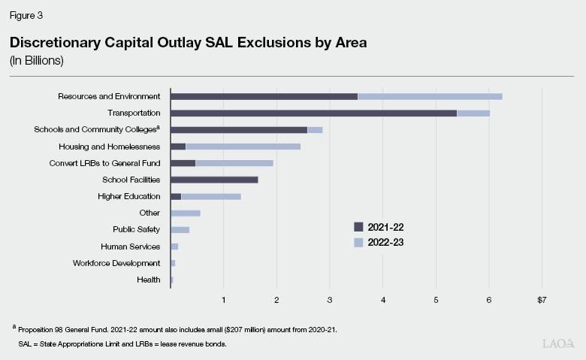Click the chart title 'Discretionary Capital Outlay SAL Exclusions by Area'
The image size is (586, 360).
pyautogui.click(x=189, y=43)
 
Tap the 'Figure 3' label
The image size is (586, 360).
pyautogui.click(x=25, y=14)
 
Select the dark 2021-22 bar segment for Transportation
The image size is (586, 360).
pyautogui.click(x=313, y=113)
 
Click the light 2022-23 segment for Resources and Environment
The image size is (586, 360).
pyautogui.click(x=430, y=96)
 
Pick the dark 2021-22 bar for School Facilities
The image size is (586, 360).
pyautogui.click(x=214, y=180)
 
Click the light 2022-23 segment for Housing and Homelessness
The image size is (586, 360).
pyautogui.click(x=243, y=146)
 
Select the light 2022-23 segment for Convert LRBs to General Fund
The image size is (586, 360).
pyautogui.click(x=234, y=163)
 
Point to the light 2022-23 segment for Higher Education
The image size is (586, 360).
pyautogui.click(x=211, y=196)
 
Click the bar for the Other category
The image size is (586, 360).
pyautogui.click(x=185, y=213)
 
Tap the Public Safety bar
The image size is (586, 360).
pyautogui.click(x=180, y=229)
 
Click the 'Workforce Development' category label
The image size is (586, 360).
pyautogui.click(x=116, y=263)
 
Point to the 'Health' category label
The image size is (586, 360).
pyautogui.click(x=149, y=280)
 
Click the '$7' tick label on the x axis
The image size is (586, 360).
pyautogui.click(x=542, y=300)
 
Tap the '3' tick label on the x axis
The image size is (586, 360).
pyautogui.click(x=330, y=300)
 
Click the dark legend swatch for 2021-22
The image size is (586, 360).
pyautogui.click(x=359, y=226)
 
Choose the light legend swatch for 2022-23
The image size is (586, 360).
pyautogui.click(x=359, y=243)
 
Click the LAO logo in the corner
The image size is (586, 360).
pyautogui.click(x=557, y=343)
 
